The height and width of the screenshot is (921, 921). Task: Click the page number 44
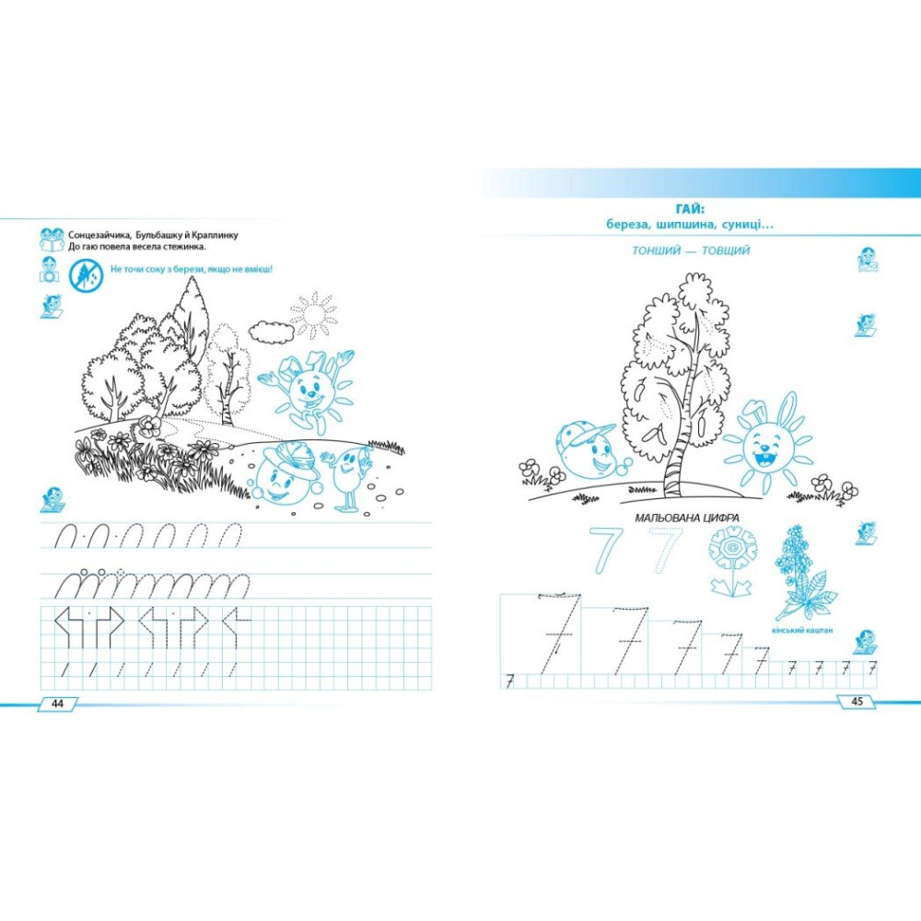tap(57, 703)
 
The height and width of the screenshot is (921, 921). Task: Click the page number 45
tap(857, 701)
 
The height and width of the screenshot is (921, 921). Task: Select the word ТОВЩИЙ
tap(726, 251)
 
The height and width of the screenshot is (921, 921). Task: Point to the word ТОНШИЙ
tap(654, 251)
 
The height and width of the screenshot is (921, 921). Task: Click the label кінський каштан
tap(802, 631)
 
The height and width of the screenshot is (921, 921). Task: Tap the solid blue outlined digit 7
tap(605, 550)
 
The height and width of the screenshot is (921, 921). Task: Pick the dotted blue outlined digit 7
tap(666, 550)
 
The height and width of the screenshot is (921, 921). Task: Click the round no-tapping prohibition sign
tap(86, 276)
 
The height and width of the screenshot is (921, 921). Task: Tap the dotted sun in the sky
tap(314, 314)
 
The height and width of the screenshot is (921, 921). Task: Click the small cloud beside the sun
tap(272, 332)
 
